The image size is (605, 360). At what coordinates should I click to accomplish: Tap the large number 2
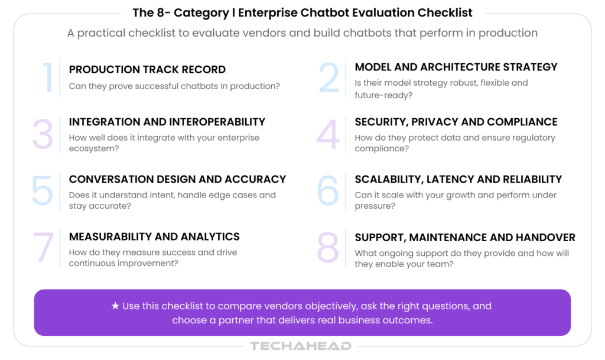[x=329, y=77]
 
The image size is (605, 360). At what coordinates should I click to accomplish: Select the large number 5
[x=42, y=190]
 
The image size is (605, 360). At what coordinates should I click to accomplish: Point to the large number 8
[x=328, y=248]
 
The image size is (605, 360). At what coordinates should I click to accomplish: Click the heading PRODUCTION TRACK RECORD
[x=147, y=70]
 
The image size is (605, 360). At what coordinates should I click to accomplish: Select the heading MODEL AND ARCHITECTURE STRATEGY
[x=456, y=67]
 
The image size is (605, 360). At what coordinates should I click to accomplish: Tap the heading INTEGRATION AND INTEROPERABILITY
[x=167, y=122]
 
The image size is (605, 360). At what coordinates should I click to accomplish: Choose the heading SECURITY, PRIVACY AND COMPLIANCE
[x=456, y=122]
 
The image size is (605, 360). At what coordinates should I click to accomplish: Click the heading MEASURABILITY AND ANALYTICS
[x=154, y=236]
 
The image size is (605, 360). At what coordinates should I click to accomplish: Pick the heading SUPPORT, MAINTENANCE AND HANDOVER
[x=465, y=237]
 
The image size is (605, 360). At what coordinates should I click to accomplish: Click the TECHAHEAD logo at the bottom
[x=301, y=346]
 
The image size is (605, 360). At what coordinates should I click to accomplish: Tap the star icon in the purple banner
[x=115, y=306]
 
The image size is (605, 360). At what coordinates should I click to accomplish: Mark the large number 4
[x=328, y=135]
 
